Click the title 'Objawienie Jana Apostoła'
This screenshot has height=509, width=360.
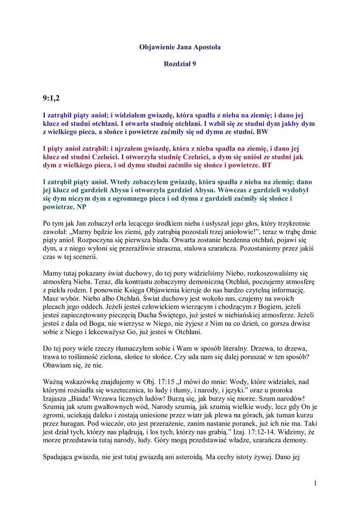pos(180,47)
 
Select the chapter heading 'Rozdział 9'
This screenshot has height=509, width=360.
pos(180,65)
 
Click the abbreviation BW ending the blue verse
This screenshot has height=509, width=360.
pos(262,132)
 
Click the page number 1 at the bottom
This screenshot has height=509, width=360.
pos(316,484)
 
